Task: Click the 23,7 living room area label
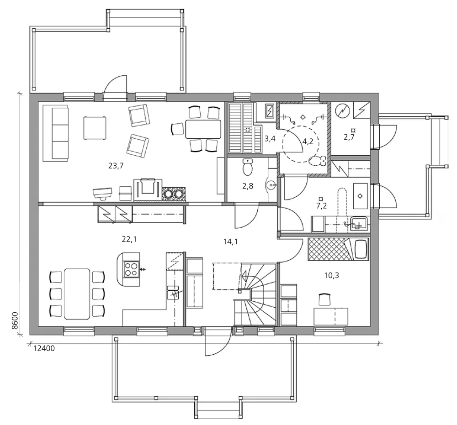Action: pyautogui.click(x=116, y=166)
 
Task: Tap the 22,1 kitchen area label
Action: pyautogui.click(x=129, y=239)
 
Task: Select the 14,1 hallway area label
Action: pyautogui.click(x=230, y=241)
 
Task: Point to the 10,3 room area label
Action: pyautogui.click(x=332, y=275)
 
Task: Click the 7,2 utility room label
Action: pyautogui.click(x=321, y=206)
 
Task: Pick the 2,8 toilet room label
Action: pyautogui.click(x=248, y=186)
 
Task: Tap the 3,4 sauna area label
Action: pyautogui.click(x=270, y=138)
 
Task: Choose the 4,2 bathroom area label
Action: pyautogui.click(x=308, y=142)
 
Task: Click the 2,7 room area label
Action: pyautogui.click(x=349, y=137)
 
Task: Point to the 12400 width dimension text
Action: pyautogui.click(x=44, y=348)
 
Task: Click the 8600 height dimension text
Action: pyautogui.click(x=15, y=321)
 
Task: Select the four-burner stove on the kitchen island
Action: pyautogui.click(x=131, y=269)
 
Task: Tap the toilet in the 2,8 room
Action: pyautogui.click(x=248, y=167)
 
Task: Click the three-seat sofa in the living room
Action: pyautogui.click(x=56, y=133)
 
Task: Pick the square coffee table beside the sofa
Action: pyautogui.click(x=95, y=128)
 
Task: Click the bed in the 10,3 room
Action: pyautogui.click(x=338, y=249)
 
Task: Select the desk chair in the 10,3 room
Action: pyautogui.click(x=324, y=299)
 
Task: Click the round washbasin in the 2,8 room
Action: pyautogui.click(x=271, y=184)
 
